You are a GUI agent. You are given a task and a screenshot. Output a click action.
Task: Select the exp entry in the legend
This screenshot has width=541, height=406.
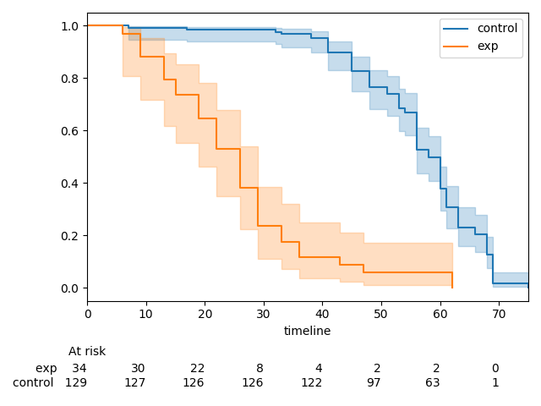pos(488,47)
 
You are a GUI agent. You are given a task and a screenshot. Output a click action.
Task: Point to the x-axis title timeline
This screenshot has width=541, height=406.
pos(307,332)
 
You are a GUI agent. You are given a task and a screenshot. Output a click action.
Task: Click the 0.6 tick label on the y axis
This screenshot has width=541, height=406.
pos(70,131)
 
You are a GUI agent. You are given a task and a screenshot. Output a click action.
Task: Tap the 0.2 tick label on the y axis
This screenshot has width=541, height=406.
pos(70,236)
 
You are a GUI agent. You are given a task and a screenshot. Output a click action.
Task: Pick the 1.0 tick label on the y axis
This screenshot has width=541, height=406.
pos(70,26)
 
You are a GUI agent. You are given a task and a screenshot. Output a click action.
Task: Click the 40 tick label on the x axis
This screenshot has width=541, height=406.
pos(322,314)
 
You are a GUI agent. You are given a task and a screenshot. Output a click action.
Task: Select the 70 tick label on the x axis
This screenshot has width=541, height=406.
pos(499,314)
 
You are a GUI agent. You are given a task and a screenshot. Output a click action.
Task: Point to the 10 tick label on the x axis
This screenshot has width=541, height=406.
pos(145,314)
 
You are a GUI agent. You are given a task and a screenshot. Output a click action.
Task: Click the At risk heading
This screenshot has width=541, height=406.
pos(87,352)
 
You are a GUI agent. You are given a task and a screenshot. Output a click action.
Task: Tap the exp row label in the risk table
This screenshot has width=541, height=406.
pos(46,369)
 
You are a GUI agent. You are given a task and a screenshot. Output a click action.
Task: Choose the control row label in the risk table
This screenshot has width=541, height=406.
pos(33,383)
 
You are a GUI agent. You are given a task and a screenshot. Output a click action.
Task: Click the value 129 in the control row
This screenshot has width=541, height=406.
pos(76,383)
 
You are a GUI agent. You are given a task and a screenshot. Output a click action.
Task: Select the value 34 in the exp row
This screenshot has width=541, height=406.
pos(79,369)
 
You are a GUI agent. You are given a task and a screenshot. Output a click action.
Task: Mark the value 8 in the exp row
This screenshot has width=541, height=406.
pos(260,369)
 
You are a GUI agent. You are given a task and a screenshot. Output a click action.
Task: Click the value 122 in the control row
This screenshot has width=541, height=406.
pos(312,383)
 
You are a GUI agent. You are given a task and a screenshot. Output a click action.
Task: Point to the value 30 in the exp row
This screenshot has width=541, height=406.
pos(138,369)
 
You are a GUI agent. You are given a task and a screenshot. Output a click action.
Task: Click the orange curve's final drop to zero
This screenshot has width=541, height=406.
pos(452,280)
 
